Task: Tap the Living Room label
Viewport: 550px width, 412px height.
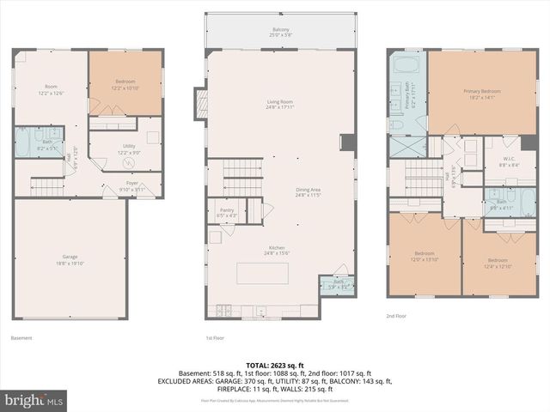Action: coord(280,103)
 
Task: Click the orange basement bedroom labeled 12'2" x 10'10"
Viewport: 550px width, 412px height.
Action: coord(125,82)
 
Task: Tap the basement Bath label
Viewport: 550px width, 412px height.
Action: coord(34,144)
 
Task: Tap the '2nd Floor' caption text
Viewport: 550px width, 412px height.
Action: coord(397,316)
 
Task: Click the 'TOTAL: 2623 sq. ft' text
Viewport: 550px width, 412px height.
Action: coord(274,365)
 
